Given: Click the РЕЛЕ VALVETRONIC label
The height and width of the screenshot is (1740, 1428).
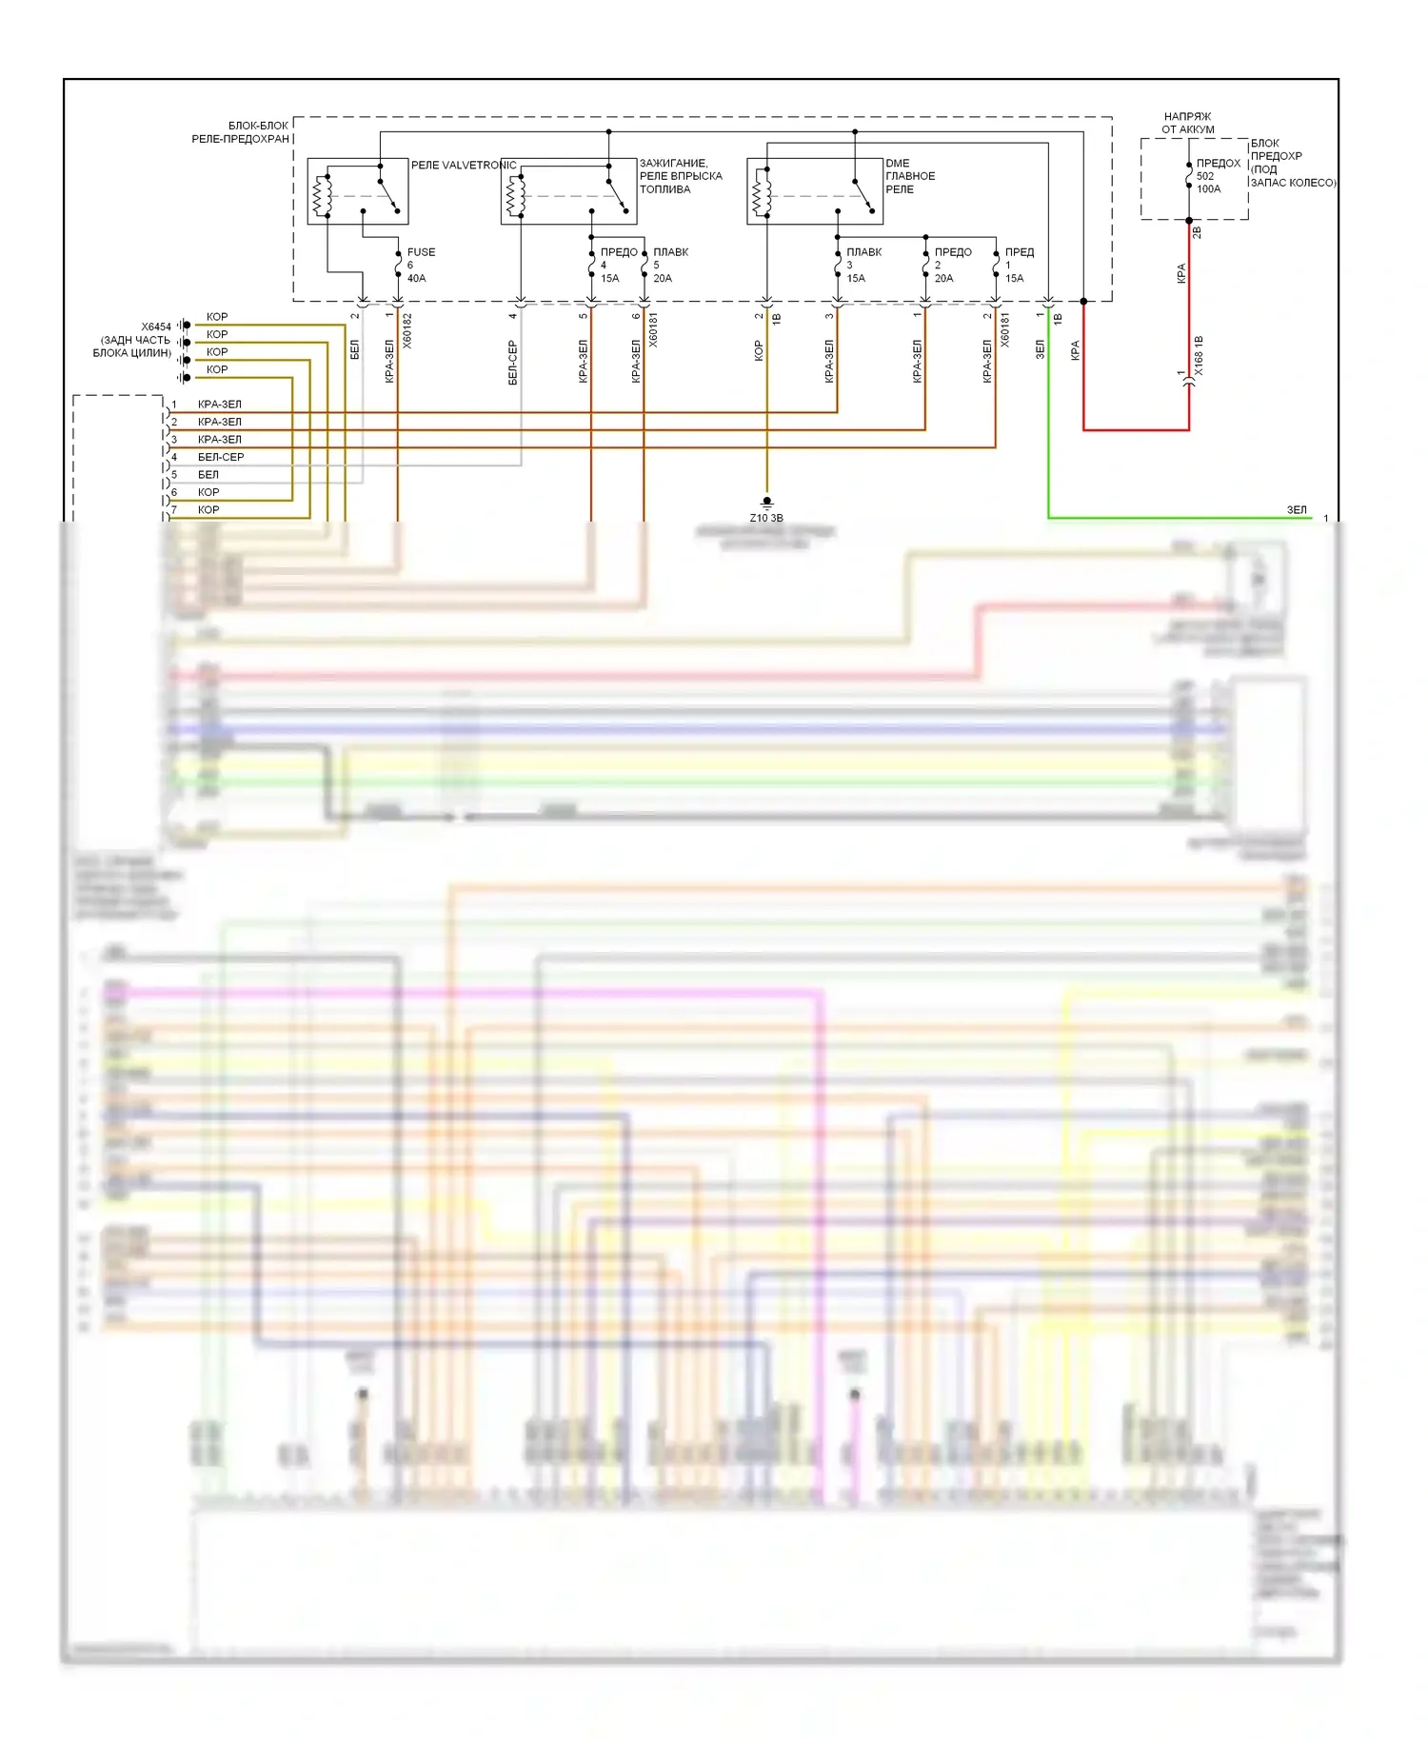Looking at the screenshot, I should (x=463, y=165).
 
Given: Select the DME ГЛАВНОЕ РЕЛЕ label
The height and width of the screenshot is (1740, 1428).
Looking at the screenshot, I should (x=909, y=176).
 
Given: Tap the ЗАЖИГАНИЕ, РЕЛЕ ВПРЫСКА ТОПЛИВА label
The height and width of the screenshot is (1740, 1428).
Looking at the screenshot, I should (x=680, y=176).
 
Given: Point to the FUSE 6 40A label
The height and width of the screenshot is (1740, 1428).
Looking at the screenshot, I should (x=420, y=265).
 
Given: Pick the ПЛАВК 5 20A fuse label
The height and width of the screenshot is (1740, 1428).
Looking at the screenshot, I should (x=669, y=265).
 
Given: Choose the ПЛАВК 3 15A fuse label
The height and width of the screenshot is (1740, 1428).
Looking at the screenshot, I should (x=863, y=265).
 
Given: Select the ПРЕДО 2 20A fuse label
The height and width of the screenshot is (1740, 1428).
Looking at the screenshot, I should (x=951, y=265).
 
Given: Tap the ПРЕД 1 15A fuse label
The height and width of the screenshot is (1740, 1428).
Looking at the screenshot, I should (x=1018, y=265).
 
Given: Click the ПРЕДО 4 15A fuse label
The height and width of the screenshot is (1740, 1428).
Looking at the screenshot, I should (x=617, y=265).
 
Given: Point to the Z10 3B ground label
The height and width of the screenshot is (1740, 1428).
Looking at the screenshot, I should (x=765, y=518).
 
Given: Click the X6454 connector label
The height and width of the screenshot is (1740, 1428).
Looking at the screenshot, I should (x=156, y=326).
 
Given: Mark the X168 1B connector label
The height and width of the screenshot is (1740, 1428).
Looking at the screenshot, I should (x=1199, y=355).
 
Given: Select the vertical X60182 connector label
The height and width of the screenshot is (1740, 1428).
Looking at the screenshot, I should (x=407, y=330).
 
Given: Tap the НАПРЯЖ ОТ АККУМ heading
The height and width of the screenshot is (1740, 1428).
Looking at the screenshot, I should (x=1187, y=123).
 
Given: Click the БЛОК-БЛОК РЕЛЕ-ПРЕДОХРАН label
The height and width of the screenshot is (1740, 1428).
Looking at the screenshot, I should (x=242, y=132).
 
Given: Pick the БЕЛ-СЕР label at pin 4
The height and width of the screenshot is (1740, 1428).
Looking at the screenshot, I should (x=220, y=457).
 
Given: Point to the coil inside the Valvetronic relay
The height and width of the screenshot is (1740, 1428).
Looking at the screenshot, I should (x=321, y=196).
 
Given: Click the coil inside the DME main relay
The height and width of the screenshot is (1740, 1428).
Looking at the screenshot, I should (x=760, y=196).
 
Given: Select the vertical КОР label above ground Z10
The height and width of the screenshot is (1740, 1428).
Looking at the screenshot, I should (x=759, y=351).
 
